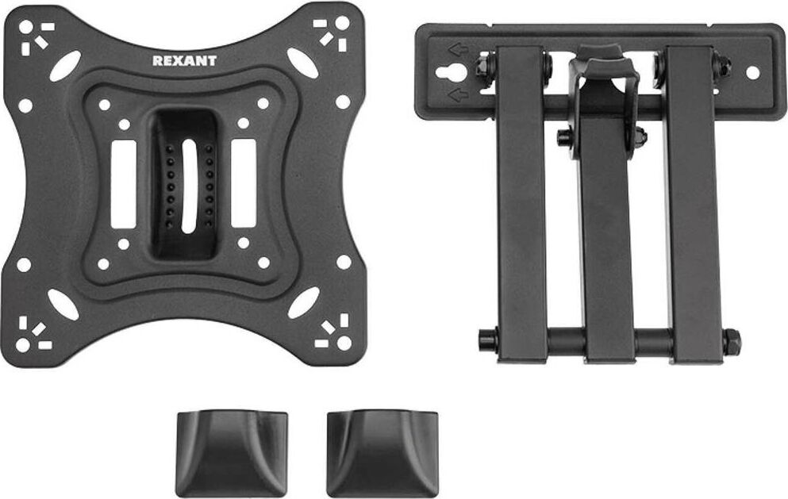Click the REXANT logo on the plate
pos(184,61)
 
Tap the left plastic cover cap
pos(231,453)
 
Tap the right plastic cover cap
pos(382,453)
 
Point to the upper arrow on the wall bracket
pos(458,49)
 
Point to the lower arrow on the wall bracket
pos(458,94)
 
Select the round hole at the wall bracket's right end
pos(752,72)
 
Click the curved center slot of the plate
pos(188,186)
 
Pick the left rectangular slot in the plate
pos(124,184)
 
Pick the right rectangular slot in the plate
pos(244,183)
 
